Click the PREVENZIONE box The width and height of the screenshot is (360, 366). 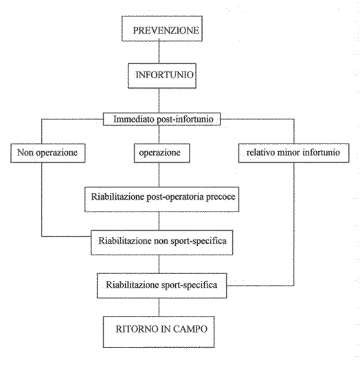pyautogui.click(x=161, y=29)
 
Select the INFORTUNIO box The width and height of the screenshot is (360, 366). pyautogui.click(x=161, y=76)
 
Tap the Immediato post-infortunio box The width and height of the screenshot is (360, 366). pyautogui.click(x=161, y=119)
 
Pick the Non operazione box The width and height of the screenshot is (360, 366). pyautogui.click(x=48, y=153)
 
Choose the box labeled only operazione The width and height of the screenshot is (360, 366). pyautogui.click(x=161, y=153)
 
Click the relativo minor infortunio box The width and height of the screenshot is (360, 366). pyautogui.click(x=293, y=153)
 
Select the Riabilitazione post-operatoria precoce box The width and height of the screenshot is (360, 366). pyautogui.click(x=161, y=199)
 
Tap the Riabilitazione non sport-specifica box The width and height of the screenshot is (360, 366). pyautogui.click(x=161, y=242)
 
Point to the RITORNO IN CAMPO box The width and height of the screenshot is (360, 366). pyautogui.click(x=159, y=332)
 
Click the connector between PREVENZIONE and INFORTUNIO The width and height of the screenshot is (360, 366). pyautogui.click(x=159, y=52)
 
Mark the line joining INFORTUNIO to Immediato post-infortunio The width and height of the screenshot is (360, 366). pyautogui.click(x=159, y=101)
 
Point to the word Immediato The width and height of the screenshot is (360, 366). pyautogui.click(x=133, y=119)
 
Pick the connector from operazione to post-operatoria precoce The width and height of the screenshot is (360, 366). pyautogui.click(x=159, y=174)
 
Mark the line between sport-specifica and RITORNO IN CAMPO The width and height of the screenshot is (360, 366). pyautogui.click(x=159, y=307)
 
